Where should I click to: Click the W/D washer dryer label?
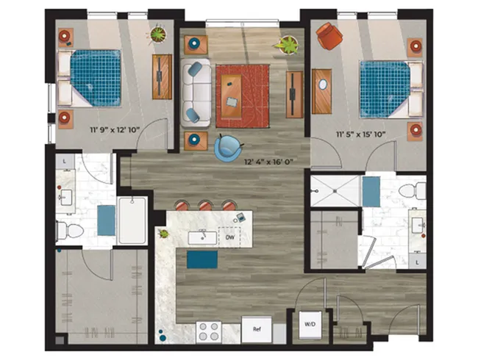310,324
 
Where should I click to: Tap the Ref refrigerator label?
257,329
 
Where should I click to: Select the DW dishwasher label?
230,237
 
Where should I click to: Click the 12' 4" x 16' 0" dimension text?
268,162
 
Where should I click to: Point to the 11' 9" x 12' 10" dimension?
115,130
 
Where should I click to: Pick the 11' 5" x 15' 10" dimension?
361,134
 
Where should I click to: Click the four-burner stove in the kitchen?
209,331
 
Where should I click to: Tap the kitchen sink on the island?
202,237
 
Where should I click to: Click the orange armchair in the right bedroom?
329,36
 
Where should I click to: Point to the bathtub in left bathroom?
132,220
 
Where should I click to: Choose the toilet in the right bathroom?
412,191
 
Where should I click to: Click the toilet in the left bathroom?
70,231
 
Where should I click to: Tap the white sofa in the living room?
196,93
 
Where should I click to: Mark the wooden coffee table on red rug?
231,96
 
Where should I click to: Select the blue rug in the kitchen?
202,259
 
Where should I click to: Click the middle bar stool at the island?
205,206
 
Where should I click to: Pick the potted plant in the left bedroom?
158,34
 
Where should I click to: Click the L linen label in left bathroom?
65,162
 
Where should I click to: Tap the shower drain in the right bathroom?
335,191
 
